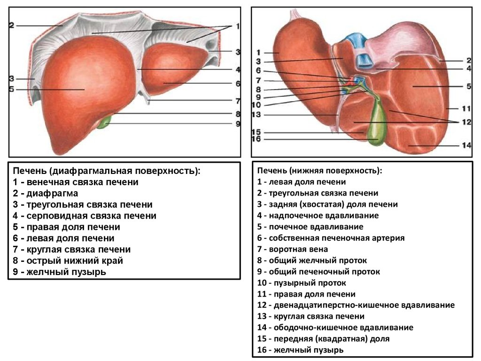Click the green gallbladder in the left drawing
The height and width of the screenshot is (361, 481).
[x=104, y=123]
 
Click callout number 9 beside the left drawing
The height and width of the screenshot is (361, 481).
[x=238, y=124]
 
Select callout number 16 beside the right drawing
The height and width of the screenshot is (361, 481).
[x=256, y=139]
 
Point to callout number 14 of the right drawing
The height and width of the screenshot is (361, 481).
[x=466, y=145]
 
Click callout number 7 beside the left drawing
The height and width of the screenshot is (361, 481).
[x=238, y=101]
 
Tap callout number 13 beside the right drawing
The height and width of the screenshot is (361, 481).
[x=256, y=115]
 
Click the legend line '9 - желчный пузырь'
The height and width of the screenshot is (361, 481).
[x=60, y=272]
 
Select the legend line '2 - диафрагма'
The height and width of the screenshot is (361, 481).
[x=46, y=193]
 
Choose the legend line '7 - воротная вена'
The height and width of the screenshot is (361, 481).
[x=293, y=249]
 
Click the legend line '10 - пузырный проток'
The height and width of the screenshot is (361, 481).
[x=302, y=283]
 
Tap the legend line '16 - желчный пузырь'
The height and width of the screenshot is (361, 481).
[x=300, y=350]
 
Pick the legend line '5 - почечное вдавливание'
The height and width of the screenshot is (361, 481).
[x=310, y=227]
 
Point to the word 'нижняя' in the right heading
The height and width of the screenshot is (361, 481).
[x=304, y=171]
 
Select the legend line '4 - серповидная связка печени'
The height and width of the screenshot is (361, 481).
[x=85, y=216]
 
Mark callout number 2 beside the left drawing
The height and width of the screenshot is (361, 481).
[x=12, y=25]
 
